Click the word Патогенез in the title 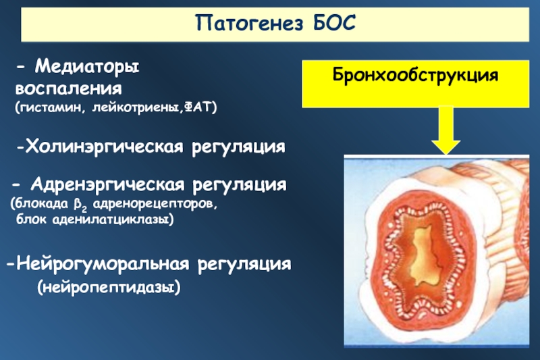(249, 23)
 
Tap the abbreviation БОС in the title (334, 23)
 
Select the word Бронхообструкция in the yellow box (415, 75)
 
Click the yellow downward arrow (446, 130)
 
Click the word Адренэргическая (107, 184)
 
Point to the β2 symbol (80, 205)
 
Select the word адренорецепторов (155, 204)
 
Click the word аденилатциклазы (111, 220)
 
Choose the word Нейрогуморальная (103, 264)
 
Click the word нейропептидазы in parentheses (109, 287)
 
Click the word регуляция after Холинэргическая (239, 147)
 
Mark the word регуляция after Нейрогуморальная (244, 265)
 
